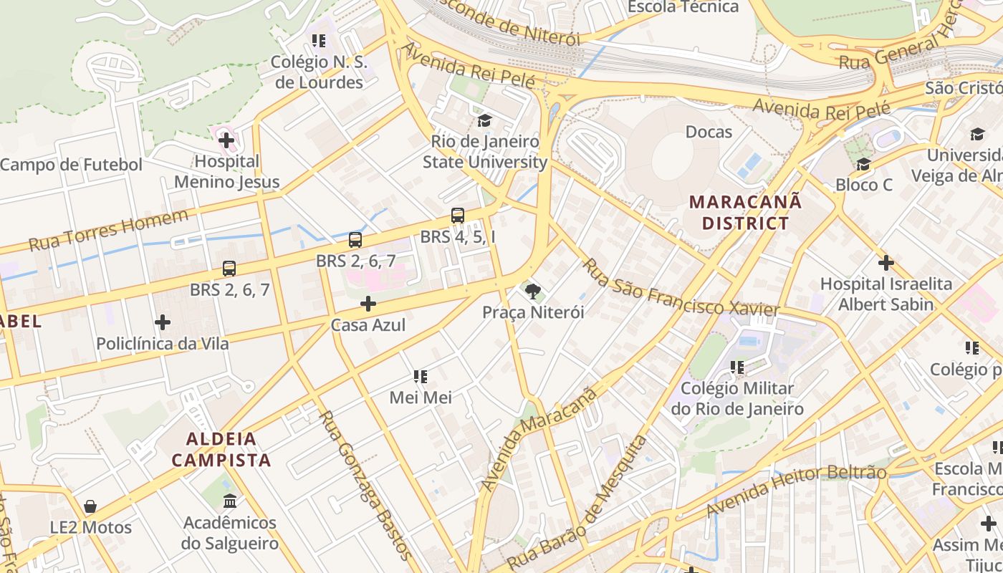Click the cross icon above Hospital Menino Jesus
[226, 140]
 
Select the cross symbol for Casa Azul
[368, 304]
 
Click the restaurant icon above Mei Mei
[421, 376]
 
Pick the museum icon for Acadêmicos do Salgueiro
[229, 501]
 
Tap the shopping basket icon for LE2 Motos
[90, 507]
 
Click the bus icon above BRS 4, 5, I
[457, 216]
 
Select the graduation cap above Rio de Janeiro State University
[485, 120]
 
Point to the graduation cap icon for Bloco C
[863, 165]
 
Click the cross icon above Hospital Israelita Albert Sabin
[886, 263]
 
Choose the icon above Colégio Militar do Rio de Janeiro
[737, 367]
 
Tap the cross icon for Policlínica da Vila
[163, 323]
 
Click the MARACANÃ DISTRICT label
[745, 213]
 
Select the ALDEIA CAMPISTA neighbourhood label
[221, 449]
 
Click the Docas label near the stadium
[709, 132]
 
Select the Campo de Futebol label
[71, 165]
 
